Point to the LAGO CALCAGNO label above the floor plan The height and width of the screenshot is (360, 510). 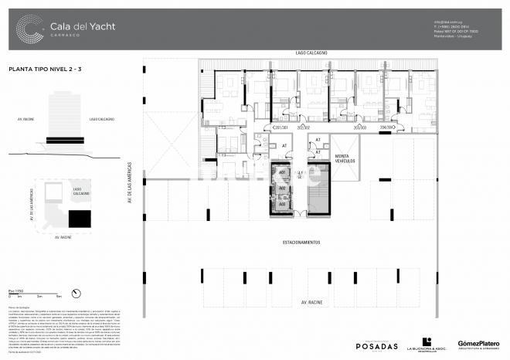tap(311, 53)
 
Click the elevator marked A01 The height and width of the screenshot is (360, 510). tap(282, 172)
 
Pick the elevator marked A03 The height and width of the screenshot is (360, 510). tap(282, 204)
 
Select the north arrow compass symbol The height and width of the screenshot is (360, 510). tap(76, 292)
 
